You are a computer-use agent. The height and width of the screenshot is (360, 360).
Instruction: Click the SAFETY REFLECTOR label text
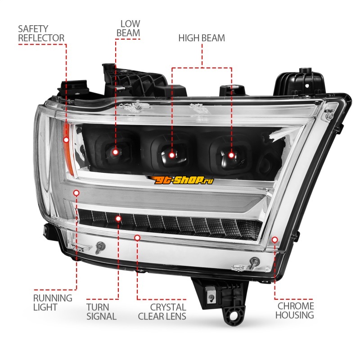click(41, 33)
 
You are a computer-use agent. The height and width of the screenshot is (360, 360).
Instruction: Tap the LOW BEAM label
click(128, 28)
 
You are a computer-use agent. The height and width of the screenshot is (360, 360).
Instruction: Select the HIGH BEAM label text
click(202, 38)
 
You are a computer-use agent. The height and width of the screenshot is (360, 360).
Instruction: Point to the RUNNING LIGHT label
click(53, 302)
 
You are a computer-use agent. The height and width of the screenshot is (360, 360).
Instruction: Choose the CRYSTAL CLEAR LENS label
click(162, 312)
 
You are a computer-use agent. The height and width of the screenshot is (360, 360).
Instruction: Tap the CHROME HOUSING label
click(295, 310)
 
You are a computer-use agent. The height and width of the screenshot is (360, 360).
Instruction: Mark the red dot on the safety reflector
click(66, 139)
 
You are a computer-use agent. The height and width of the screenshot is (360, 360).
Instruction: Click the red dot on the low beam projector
click(116, 152)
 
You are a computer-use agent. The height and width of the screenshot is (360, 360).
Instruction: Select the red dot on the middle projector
click(172, 155)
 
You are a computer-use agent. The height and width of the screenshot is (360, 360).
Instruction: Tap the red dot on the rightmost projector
click(231, 155)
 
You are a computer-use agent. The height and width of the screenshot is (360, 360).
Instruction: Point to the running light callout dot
click(76, 193)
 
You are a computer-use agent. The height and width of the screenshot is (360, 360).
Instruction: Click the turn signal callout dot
click(118, 219)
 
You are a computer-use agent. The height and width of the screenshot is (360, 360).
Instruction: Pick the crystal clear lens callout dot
click(137, 238)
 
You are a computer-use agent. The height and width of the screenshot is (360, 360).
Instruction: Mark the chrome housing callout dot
click(274, 240)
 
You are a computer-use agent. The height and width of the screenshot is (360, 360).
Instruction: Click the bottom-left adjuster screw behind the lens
click(100, 247)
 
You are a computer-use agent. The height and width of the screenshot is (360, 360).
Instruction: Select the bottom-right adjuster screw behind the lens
click(254, 262)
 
